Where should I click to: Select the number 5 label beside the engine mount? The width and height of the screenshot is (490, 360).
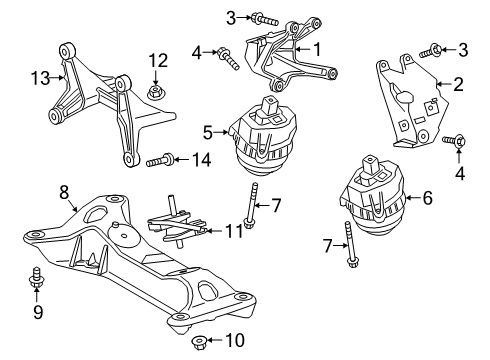tap(207, 130)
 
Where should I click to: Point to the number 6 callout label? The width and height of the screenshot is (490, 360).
tap(427, 199)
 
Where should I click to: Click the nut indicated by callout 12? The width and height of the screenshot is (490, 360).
tap(157, 94)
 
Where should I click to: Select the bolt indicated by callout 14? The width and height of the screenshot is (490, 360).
tap(161, 159)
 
